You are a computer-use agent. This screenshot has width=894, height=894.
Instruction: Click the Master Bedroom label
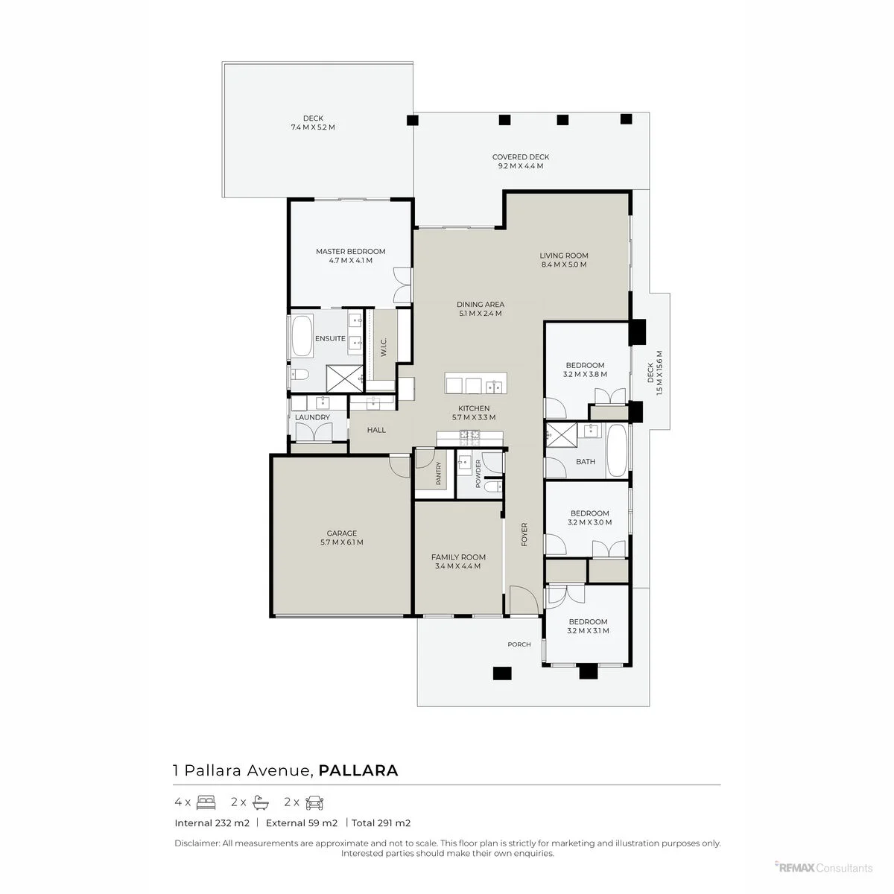[350, 252]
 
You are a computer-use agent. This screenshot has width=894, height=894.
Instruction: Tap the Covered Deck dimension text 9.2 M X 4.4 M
[520, 166]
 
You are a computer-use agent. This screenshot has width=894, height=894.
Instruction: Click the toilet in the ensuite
[299, 373]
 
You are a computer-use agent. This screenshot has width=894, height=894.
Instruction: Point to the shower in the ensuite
[345, 378]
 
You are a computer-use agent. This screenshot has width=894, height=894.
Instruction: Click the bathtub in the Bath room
[617, 450]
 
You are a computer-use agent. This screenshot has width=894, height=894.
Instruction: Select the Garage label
[341, 533]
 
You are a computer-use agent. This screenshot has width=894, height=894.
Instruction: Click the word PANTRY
[438, 473]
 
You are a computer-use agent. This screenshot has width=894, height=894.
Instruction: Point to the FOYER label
[524, 534]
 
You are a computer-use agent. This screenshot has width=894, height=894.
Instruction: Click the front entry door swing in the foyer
[523, 600]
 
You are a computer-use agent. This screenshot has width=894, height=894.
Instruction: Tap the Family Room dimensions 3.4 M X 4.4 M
[457, 566]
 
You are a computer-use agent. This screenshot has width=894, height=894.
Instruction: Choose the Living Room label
[564, 256]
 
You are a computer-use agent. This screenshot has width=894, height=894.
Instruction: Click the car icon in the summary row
[314, 802]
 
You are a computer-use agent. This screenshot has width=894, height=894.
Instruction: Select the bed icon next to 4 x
[206, 802]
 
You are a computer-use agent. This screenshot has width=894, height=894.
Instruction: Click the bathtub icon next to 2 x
[261, 802]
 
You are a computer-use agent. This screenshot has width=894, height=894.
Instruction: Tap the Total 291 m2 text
[381, 823]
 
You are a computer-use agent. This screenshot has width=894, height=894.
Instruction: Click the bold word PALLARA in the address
[358, 770]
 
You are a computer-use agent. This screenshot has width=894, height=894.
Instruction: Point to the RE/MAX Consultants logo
[823, 868]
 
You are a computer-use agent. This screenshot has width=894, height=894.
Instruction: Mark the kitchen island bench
[475, 383]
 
